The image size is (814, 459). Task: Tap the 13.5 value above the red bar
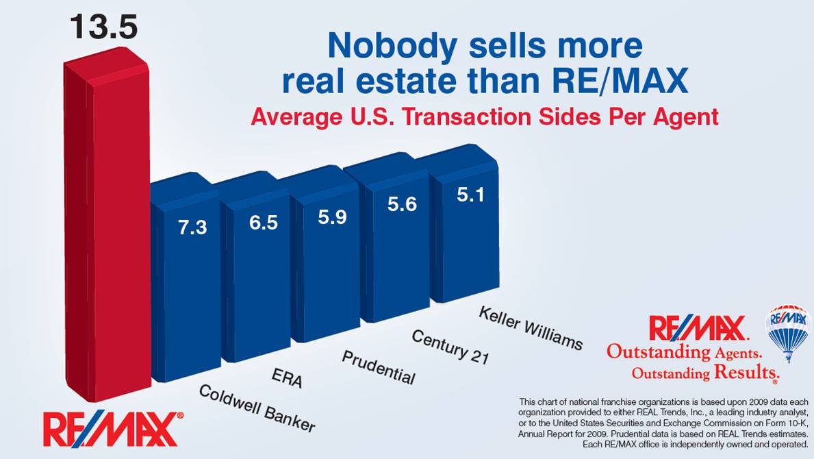103,27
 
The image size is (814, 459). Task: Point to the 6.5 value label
263,223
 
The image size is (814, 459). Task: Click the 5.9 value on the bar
332,217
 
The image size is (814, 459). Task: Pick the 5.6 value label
402,204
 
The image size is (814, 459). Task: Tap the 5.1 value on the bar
470,195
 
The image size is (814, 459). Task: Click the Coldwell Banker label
257,408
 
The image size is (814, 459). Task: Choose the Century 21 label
449,346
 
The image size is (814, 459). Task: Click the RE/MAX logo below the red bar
113,428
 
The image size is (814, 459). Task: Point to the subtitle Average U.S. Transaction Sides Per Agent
484,117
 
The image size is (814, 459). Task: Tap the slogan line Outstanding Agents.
684,353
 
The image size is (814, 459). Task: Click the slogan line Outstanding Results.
704,373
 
